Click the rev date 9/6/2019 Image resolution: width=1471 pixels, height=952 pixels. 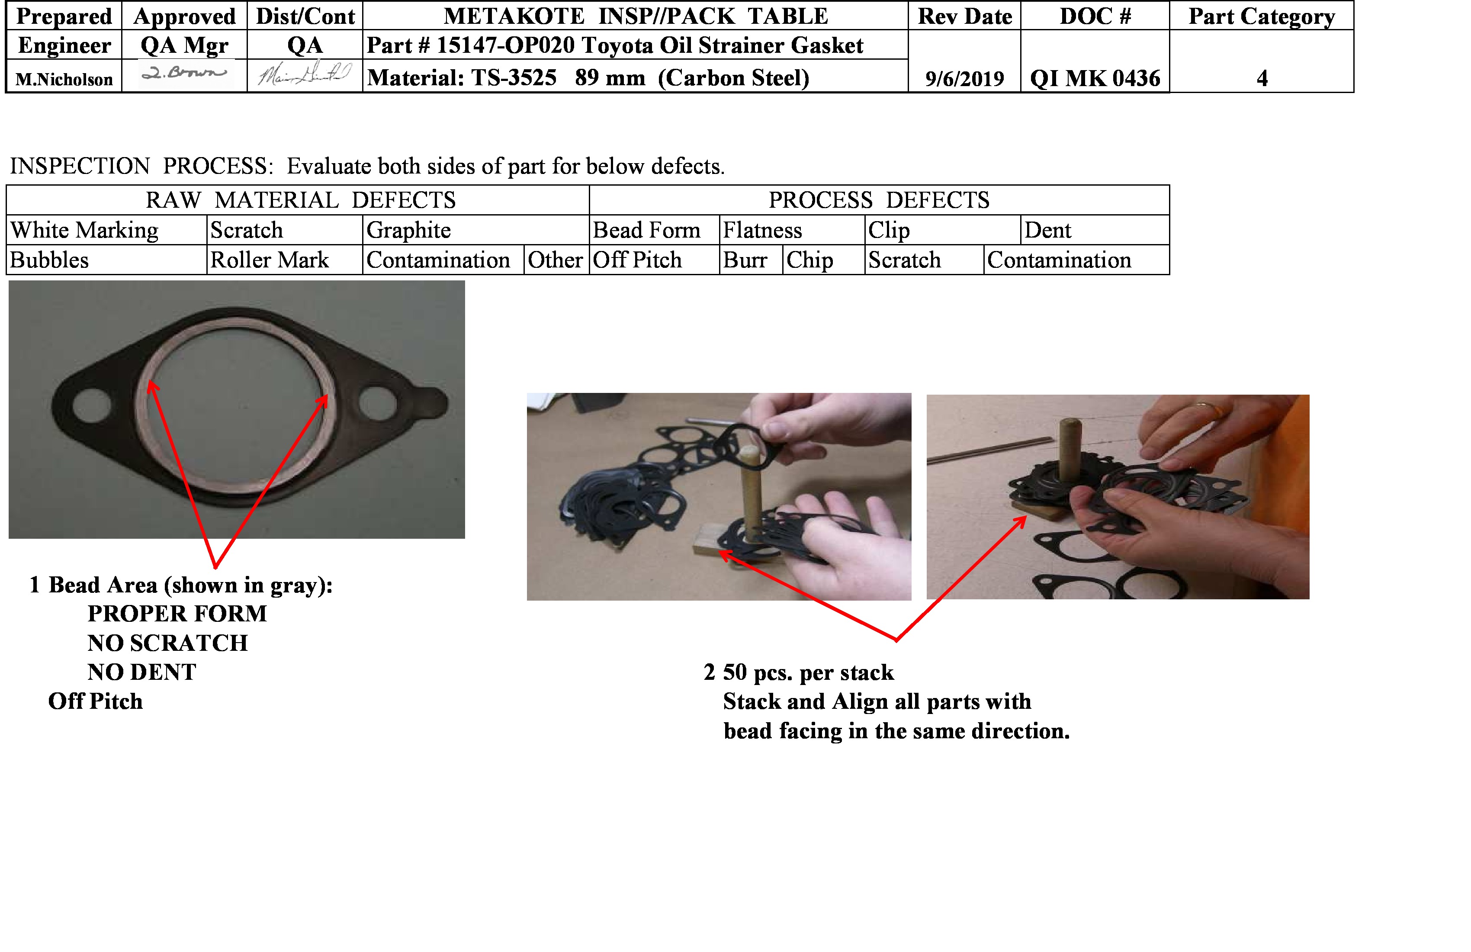coord(964,78)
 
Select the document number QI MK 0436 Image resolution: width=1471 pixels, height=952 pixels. coord(1095,78)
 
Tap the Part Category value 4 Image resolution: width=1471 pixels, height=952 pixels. coord(1262,78)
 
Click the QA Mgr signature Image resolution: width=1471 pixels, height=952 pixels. coord(184,74)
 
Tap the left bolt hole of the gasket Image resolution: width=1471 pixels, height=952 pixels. coord(91,405)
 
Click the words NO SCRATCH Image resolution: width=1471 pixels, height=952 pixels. coord(167,643)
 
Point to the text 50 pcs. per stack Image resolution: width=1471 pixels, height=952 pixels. coord(808,672)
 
